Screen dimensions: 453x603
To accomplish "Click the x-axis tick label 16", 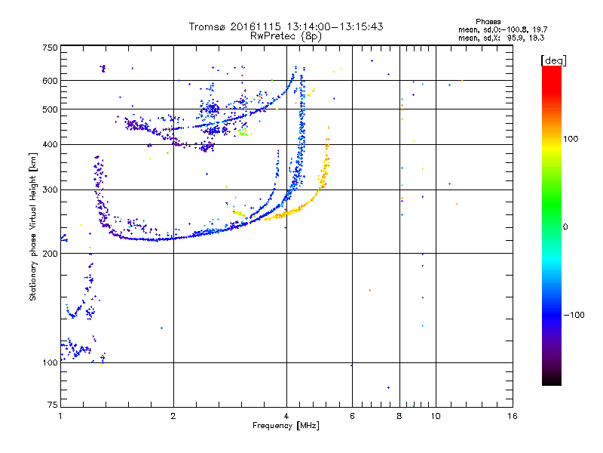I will [512, 416].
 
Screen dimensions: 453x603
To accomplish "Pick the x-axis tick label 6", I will [352, 416].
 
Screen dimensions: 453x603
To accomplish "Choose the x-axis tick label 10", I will [435, 416].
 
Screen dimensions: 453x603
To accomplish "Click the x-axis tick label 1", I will [60, 416].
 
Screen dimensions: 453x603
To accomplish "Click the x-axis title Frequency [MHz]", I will [286, 427].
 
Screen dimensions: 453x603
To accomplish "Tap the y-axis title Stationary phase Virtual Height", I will [33, 226].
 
